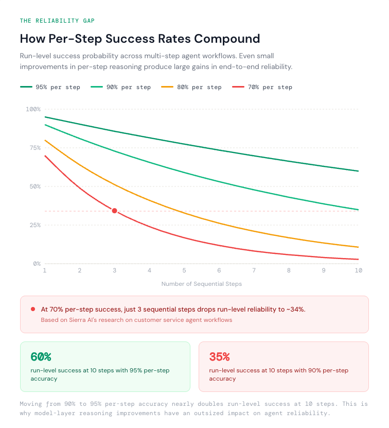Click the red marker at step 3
tap(114, 211)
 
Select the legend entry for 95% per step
tap(50, 87)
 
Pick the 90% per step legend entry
tap(120, 87)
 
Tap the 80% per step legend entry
tap(191, 87)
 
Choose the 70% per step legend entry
tap(262, 87)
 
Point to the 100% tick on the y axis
tap(33, 109)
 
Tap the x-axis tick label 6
tap(219, 270)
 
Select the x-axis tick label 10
tap(358, 270)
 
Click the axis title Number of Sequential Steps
tap(201, 284)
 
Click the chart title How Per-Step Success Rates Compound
tap(139, 39)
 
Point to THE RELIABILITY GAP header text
tap(57, 21)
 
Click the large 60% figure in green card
tap(41, 357)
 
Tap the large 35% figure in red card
tap(219, 357)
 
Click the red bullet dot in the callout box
tap(33, 309)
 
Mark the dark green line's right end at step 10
tap(358, 171)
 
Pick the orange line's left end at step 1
tap(45, 140)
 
